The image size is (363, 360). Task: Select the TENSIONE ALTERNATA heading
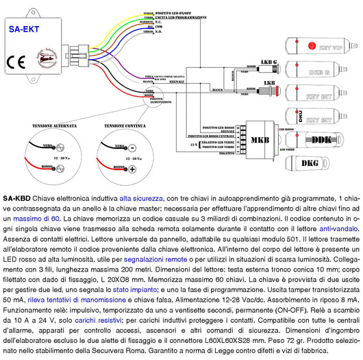coord(45,126)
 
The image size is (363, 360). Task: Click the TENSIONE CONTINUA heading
coord(124,126)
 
